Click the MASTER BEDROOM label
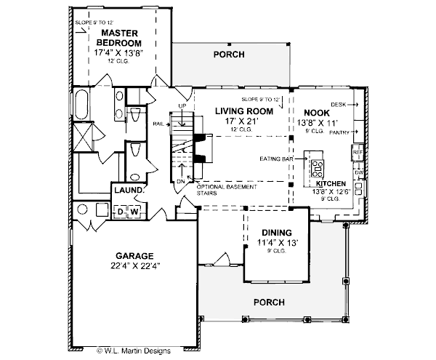tap(120, 38)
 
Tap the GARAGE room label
tap(134, 256)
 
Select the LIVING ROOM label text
tap(243, 111)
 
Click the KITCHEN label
tap(331, 184)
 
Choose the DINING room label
tap(272, 232)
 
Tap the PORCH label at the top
tap(228, 55)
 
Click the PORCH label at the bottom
tap(268, 302)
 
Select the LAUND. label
tap(128, 191)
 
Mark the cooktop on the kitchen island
tap(318, 169)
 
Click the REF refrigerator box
tap(357, 153)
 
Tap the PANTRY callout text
tap(339, 132)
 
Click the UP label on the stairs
tap(182, 105)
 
